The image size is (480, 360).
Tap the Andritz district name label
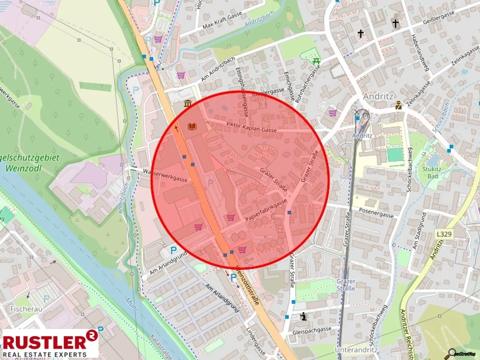coord(378,96)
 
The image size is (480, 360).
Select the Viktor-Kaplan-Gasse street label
coord(251,127)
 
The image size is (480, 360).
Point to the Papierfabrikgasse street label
coord(266,210)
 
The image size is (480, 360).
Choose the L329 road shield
coord(444,234)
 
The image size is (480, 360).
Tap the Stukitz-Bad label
coord(432,172)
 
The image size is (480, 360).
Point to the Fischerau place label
coord(26,309)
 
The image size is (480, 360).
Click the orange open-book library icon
coord(192,126)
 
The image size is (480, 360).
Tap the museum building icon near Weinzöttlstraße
coord(187,103)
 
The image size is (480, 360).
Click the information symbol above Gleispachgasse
coord(303,316)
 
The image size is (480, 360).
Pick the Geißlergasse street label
coord(438,18)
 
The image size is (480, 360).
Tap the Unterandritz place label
coord(356,350)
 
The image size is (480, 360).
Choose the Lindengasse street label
coord(256,341)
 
